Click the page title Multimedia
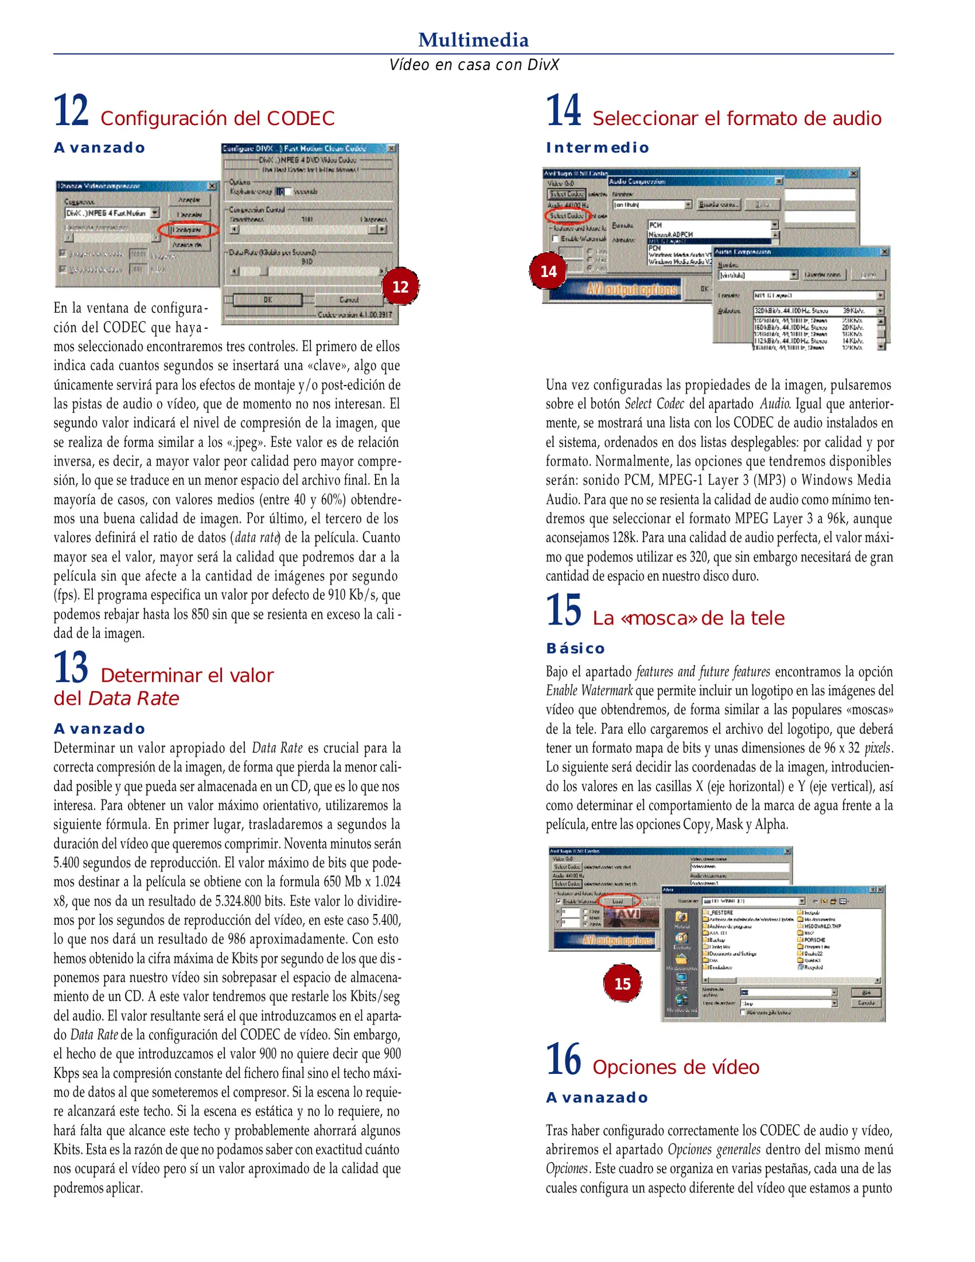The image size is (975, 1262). click(x=473, y=40)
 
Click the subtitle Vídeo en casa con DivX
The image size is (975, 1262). click(x=474, y=64)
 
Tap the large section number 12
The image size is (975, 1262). click(x=71, y=110)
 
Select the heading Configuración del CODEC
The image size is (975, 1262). click(x=217, y=119)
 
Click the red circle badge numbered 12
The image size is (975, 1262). click(x=400, y=287)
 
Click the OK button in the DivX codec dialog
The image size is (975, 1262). click(x=268, y=300)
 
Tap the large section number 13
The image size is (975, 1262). click(x=71, y=667)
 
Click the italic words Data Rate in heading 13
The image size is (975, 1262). click(x=134, y=699)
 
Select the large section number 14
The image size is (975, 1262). click(x=563, y=110)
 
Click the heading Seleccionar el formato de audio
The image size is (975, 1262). click(x=736, y=119)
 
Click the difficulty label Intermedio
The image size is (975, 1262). click(x=597, y=148)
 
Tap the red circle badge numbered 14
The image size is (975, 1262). click(x=548, y=272)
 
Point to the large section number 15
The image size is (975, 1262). click(x=563, y=610)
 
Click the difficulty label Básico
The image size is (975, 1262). click(x=575, y=649)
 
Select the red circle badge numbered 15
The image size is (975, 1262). click(x=622, y=984)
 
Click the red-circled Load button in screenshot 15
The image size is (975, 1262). click(x=618, y=901)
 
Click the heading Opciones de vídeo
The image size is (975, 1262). click(x=675, y=1067)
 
